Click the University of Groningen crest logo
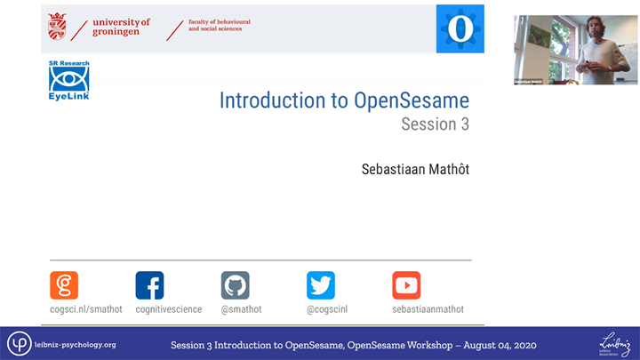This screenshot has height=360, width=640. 58,27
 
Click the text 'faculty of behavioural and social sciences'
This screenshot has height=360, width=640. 215,25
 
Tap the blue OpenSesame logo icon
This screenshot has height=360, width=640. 459,28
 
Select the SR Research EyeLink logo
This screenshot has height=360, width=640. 68,81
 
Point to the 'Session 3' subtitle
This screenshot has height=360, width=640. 435,124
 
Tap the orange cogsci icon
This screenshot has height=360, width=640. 64,285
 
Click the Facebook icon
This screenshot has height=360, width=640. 149,285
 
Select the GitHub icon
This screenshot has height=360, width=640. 235,285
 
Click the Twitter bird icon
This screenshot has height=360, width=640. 321,285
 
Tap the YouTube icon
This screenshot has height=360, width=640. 406,285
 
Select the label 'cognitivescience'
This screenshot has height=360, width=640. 169,309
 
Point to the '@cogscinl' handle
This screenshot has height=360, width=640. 328,309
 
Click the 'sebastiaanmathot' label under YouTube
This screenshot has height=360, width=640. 428,309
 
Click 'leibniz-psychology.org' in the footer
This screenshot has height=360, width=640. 75,345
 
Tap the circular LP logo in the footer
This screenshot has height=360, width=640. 20,344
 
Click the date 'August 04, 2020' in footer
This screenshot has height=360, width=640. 498,345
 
